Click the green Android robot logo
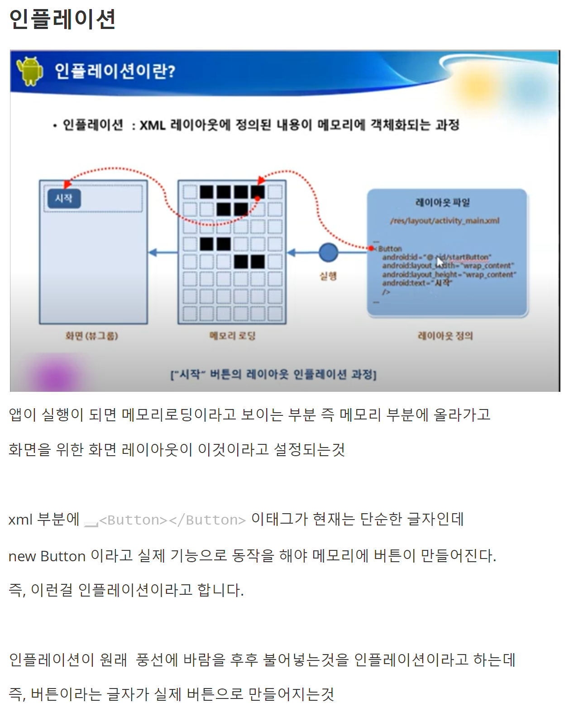click(30, 71)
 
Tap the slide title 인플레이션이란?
click(115, 71)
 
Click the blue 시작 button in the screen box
click(64, 198)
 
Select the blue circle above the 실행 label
click(328, 252)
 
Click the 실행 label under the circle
click(328, 276)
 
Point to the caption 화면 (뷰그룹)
click(92, 336)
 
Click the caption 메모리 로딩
click(232, 336)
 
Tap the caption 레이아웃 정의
click(445, 336)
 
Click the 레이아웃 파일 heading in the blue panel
click(442, 202)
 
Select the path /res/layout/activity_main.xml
click(444, 221)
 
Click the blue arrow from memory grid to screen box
click(162, 252)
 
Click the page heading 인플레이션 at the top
click(62, 19)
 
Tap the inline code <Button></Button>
click(172, 520)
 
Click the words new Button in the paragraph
click(47, 556)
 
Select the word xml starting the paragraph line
click(20, 520)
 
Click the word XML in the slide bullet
click(152, 125)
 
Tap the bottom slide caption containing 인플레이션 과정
click(273, 375)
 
